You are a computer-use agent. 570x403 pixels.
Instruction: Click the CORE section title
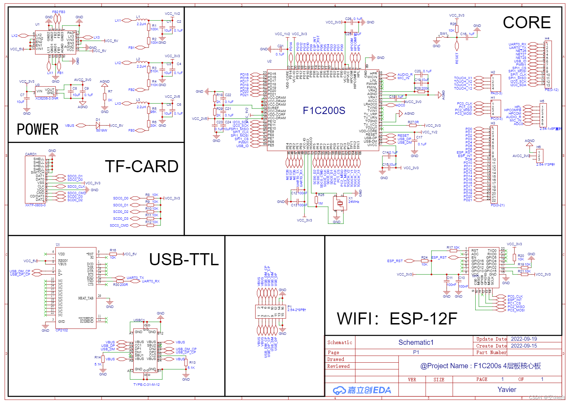tap(526, 23)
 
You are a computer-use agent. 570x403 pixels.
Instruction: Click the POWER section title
tap(38, 130)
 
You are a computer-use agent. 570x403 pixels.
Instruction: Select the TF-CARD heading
tap(142, 167)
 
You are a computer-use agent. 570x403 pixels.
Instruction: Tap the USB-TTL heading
tap(184, 260)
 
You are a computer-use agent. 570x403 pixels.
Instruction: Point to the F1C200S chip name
tap(324, 111)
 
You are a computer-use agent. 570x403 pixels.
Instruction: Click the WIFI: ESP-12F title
tap(397, 319)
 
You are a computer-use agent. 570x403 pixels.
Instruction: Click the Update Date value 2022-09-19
tap(524, 339)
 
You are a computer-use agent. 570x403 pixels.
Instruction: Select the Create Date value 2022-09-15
tap(524, 346)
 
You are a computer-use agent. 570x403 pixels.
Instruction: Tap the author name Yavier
tap(507, 390)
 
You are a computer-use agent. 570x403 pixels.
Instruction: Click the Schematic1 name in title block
tap(416, 342)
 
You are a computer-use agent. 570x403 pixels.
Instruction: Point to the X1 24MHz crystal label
tap(353, 200)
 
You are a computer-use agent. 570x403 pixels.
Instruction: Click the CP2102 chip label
tap(62, 330)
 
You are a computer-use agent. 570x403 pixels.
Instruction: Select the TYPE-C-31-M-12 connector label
tap(146, 385)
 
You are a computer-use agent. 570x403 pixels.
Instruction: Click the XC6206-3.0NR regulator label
tap(47, 99)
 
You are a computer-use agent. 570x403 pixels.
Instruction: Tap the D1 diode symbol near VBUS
tap(98, 126)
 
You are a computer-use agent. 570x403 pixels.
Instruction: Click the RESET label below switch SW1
tap(457, 58)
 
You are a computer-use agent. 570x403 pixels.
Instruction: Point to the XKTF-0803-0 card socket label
tap(35, 205)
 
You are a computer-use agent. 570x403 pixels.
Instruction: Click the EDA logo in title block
tap(362, 390)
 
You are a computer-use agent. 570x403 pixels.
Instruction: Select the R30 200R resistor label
tap(121, 285)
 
